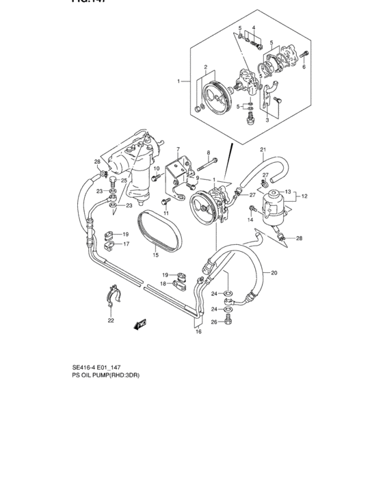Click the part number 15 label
click(x=155, y=255)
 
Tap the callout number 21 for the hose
click(x=262, y=149)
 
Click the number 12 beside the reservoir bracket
click(x=304, y=196)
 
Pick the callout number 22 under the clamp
click(x=111, y=320)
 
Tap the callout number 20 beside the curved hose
click(x=274, y=273)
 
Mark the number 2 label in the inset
click(x=204, y=66)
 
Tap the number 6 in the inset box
click(x=304, y=68)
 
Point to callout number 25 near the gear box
click(x=124, y=181)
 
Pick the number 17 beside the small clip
click(x=125, y=243)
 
